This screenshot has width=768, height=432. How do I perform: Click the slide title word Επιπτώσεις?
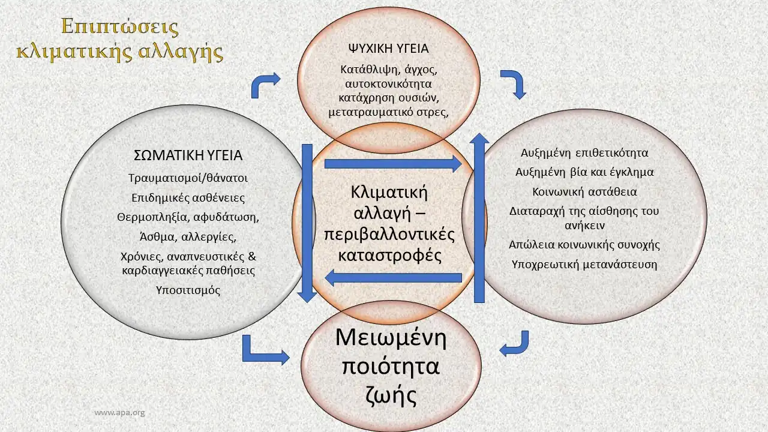pos(120,28)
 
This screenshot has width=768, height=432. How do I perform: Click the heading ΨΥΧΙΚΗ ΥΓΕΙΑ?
pos(388,49)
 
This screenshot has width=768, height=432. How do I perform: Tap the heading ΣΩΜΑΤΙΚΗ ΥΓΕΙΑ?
pos(187,155)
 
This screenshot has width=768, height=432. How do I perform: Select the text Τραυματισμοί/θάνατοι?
pos(188,178)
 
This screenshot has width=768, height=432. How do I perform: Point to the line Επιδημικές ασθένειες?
pos(188,197)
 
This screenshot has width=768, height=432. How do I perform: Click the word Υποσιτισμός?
pos(188,290)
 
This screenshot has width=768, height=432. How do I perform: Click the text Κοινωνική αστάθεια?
pos(584,192)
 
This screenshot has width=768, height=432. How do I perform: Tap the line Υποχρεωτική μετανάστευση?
pos(584,264)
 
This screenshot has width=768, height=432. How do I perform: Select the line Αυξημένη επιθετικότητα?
pos(584,153)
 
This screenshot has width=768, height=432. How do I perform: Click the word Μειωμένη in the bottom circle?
pos(391,338)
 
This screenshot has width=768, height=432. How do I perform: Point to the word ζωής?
pos(391,395)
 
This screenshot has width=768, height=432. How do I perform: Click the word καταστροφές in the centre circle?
pos(390,255)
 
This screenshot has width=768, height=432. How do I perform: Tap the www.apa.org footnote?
pos(120,413)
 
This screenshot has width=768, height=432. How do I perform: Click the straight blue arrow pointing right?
pos(393,163)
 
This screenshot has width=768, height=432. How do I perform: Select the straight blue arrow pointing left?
pos(393,277)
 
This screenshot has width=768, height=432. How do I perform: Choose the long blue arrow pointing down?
pos(307,222)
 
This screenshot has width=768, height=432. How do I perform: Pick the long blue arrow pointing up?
pos(479,219)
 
